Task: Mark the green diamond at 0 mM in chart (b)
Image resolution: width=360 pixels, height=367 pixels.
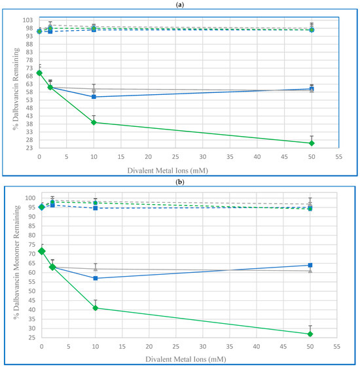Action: point(42,251)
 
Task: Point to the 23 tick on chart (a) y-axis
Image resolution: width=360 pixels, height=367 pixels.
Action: point(30,148)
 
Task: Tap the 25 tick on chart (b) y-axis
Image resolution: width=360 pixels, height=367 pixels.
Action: point(30,338)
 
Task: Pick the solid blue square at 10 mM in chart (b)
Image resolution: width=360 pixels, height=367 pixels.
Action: point(96,278)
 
